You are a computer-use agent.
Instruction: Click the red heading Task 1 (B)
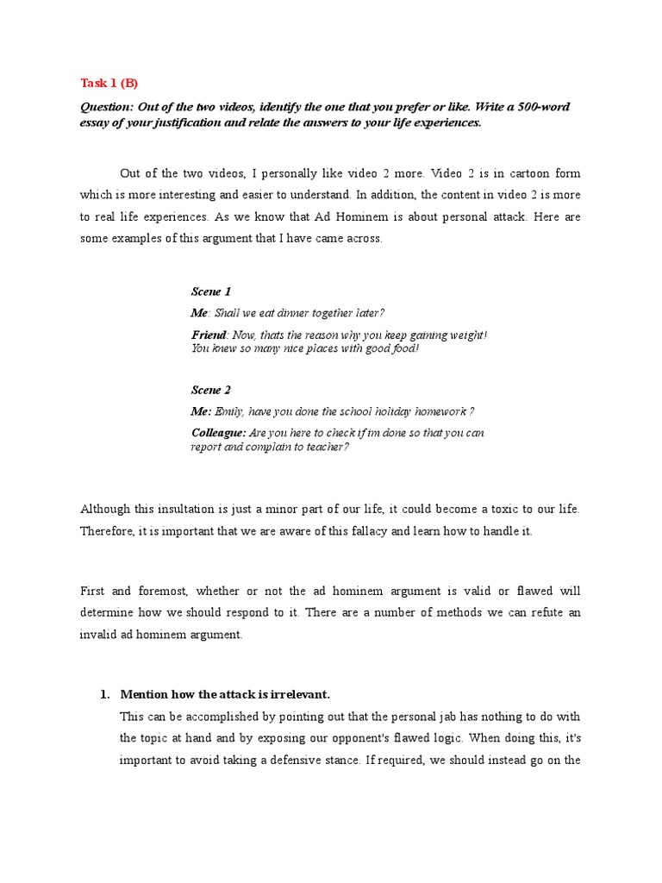109,83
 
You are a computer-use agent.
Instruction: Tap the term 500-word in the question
539,107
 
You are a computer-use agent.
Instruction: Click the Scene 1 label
210,291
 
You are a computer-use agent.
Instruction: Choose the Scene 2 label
210,390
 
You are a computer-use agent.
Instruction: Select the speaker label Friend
209,335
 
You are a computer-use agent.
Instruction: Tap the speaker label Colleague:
218,433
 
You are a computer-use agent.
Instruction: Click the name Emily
229,411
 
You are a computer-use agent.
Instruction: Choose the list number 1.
104,693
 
